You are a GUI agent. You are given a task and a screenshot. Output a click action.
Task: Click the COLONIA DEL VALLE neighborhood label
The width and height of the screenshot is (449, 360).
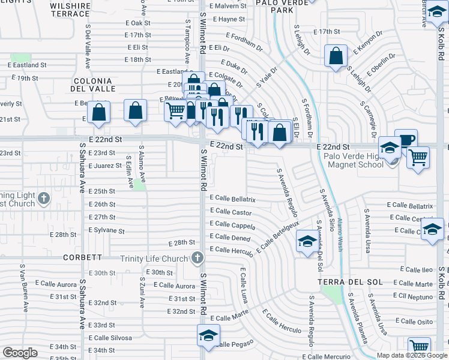click(x=92, y=85)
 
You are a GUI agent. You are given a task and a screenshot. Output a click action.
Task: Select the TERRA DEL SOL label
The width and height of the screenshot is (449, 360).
click(x=340, y=282)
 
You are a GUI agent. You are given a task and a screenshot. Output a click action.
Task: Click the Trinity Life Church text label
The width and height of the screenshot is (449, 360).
click(x=154, y=259)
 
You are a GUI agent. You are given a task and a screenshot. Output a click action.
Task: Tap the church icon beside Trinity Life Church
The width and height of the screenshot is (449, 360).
click(x=197, y=259)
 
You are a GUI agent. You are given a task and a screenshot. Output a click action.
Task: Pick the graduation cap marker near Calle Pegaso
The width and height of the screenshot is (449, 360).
click(x=208, y=335)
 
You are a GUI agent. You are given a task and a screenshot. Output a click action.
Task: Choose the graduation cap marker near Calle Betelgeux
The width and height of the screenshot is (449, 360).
click(x=307, y=242)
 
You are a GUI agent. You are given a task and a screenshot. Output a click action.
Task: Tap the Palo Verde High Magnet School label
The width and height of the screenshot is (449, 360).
click(x=354, y=160)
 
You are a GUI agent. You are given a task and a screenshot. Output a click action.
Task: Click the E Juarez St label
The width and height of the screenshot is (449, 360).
click(x=105, y=166)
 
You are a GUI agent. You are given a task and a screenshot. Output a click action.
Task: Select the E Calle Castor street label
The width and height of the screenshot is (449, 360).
click(x=231, y=212)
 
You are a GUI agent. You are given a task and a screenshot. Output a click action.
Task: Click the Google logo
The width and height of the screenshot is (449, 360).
click(x=20, y=352)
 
